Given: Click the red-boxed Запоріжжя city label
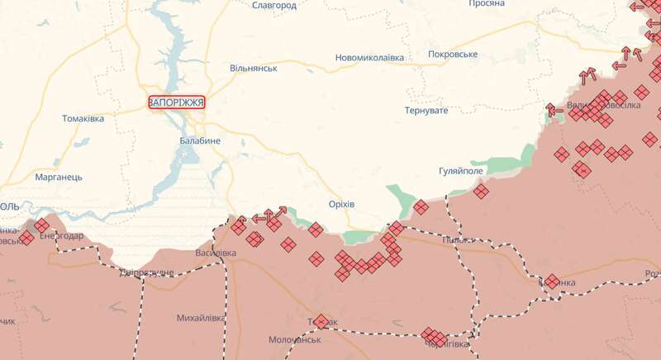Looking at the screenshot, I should [x=176, y=102].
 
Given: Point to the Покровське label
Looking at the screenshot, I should [x=453, y=54].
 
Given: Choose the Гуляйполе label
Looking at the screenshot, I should [x=462, y=172].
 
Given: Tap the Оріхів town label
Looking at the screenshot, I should [x=340, y=204].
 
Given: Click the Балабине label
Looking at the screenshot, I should [x=200, y=141].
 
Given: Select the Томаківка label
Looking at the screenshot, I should [x=83, y=119].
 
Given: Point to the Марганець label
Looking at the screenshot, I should [x=59, y=177].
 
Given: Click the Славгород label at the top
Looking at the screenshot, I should [x=273, y=6].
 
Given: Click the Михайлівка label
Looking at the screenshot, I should [x=201, y=318].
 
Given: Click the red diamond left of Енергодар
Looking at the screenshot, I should [x=26, y=238].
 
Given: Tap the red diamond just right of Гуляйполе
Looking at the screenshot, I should [x=481, y=192].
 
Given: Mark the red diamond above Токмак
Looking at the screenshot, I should [x=321, y=320].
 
